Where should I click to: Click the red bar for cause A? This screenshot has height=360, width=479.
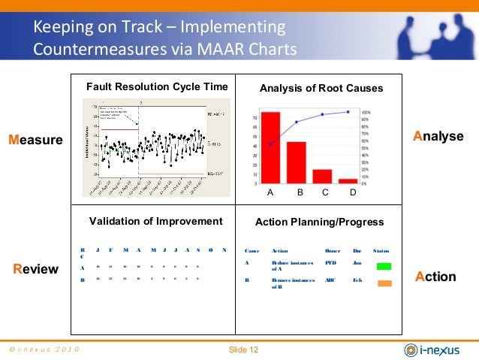270,148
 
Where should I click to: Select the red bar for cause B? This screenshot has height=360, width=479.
296,162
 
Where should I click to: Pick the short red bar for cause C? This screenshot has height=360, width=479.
322,176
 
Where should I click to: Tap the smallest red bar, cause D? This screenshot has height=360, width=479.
348,180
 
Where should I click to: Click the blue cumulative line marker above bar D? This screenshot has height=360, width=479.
348,112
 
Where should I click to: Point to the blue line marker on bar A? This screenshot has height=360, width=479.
270,144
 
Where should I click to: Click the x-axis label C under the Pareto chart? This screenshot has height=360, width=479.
325,193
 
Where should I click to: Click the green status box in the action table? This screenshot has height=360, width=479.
384,266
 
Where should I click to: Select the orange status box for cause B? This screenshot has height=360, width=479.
384,284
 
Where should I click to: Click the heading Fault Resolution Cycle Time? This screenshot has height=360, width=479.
157,86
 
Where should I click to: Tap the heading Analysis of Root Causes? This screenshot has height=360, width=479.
321,88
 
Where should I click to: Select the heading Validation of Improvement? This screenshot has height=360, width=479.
155,221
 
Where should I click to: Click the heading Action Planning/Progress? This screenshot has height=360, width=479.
320,222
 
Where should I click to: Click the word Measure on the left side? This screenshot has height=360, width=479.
35,139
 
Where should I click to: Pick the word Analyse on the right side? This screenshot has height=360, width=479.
438,135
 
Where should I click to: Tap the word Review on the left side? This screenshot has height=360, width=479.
36,268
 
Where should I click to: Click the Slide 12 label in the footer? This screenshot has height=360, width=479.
243,349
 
